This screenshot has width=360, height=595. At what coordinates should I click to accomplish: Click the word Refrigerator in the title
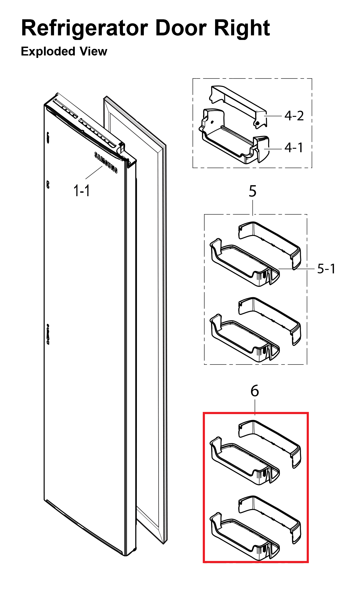pyautogui.click(x=85, y=28)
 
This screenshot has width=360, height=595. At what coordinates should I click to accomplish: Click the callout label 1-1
pyautogui.click(x=82, y=191)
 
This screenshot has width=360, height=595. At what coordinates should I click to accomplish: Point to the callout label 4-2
pyautogui.click(x=294, y=116)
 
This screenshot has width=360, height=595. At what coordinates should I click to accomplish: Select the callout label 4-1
pyautogui.click(x=294, y=147)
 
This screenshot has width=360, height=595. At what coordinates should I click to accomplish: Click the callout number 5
pyautogui.click(x=252, y=191)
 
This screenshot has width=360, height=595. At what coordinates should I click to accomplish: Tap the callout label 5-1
pyautogui.click(x=326, y=269)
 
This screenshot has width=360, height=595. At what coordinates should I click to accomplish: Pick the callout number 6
pyautogui.click(x=254, y=391)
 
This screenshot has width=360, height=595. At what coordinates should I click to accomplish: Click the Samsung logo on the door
pyautogui.click(x=106, y=162)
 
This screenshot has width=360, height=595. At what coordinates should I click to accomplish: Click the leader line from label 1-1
pyautogui.click(x=94, y=172)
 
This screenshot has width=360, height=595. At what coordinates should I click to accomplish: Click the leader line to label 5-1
pyautogui.click(x=296, y=269)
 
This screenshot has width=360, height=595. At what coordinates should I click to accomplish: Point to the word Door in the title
pyautogui.click(x=181, y=28)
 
